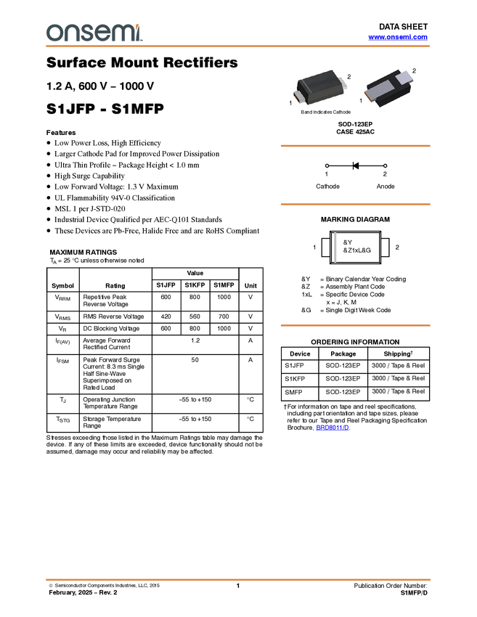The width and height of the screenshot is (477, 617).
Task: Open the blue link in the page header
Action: tap(398, 37)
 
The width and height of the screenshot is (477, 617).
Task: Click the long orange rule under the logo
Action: tap(238, 46)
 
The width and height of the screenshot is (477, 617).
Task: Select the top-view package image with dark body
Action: tap(320, 87)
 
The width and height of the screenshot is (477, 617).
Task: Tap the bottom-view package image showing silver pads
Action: tap(388, 88)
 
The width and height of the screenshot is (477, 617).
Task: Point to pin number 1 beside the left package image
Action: tap(290, 104)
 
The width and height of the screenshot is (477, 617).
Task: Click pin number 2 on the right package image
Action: tap(415, 70)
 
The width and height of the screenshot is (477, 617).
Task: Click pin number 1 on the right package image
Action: tap(361, 101)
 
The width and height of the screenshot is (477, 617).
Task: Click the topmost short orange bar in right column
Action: tap(355, 146)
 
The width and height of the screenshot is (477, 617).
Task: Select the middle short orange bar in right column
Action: tap(355, 205)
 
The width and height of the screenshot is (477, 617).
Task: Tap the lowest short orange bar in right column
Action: tap(355, 325)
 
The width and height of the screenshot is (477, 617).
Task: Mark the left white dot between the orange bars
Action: tap(327, 166)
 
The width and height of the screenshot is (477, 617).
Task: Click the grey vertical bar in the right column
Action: tap(335, 247)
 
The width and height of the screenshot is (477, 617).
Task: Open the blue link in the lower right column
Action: tap(333, 428)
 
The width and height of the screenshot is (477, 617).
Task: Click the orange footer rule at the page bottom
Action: tap(238, 580)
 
